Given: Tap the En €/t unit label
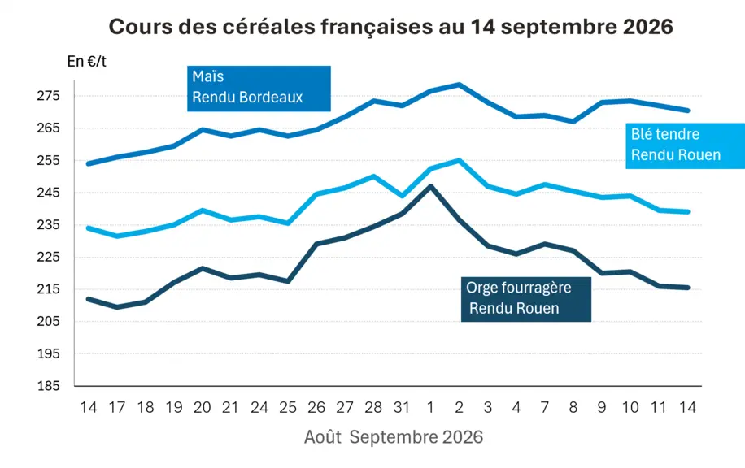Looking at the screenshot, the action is coord(86,61).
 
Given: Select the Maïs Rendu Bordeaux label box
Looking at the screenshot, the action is coord(259,89).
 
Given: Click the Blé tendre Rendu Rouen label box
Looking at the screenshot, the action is coord(685,145).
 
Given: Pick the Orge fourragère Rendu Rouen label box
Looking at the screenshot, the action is coord(526,299).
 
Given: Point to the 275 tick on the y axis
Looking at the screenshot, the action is coord(49,96).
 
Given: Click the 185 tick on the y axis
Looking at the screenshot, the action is coord(49,385).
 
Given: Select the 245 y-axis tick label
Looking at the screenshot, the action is coord(49,193).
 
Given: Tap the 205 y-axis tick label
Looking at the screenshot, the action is coord(49,321).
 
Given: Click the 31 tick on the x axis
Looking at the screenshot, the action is coord(402,407).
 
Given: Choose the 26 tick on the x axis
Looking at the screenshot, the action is coord(316,407).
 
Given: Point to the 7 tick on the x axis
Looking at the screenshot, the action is coord(544,407).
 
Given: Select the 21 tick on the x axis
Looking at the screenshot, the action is coord(230,407).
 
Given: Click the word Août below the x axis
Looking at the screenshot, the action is coord(323,436).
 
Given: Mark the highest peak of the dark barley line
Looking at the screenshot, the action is coord(430,186).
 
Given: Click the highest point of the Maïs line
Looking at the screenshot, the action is coord(459,84).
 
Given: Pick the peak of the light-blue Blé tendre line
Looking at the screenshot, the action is coord(459,160).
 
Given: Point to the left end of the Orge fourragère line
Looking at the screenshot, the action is coord(89,299).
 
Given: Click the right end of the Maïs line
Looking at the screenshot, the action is coord(687,110).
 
